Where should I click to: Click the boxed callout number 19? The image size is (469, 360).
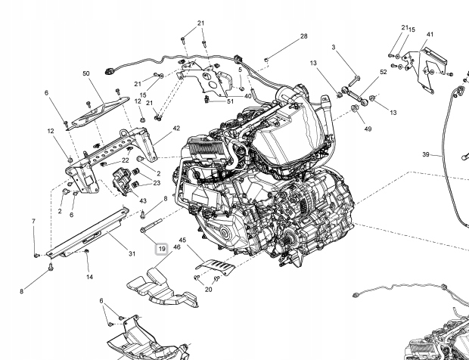162,249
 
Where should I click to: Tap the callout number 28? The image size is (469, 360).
303,36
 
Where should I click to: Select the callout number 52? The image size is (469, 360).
384,72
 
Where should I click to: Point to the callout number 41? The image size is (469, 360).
430,34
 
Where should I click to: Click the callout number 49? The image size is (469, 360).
368,129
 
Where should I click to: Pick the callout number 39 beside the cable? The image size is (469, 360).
426,154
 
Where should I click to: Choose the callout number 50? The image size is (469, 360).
85,73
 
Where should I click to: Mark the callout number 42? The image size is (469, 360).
176,129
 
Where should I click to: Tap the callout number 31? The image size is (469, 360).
132,254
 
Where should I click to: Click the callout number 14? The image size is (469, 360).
89,277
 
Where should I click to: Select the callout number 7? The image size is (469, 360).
33,222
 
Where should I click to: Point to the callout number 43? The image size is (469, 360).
143,201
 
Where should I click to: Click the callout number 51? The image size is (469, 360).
230,101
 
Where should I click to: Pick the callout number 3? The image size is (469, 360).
333,47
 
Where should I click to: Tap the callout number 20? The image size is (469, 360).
209,290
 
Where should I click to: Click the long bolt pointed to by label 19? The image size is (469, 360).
151,225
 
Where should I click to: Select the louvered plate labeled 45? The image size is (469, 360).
216,267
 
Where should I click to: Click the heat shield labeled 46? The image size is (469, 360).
162,289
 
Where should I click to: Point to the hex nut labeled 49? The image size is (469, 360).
353,108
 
